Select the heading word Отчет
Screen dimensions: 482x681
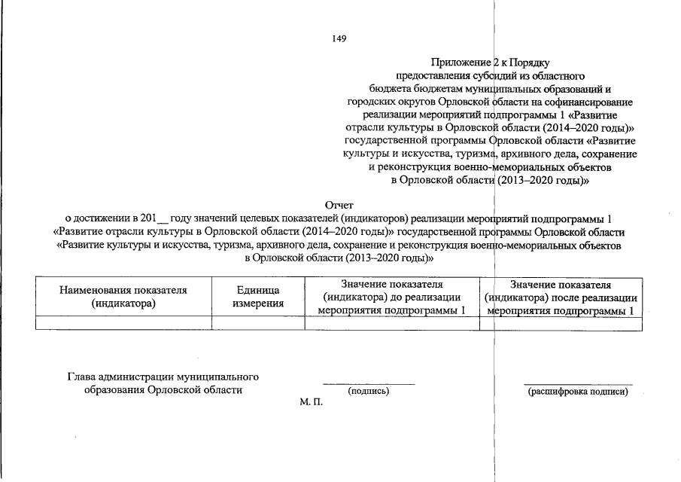pyautogui.click(x=339, y=205)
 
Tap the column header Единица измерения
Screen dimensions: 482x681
pyautogui.click(x=258, y=297)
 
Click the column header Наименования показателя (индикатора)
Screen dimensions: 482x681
pyautogui.click(x=123, y=297)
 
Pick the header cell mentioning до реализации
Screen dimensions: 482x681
pyautogui.click(x=391, y=297)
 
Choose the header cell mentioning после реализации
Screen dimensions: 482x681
pyautogui.click(x=561, y=297)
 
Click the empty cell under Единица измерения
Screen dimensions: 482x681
pyautogui.click(x=258, y=323)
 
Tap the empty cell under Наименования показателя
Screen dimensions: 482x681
pyautogui.click(x=123, y=323)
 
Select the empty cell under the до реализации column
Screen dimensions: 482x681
pyautogui.click(x=391, y=323)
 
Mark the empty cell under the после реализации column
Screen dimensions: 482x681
pyautogui.click(x=561, y=323)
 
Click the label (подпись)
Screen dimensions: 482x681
pyautogui.click(x=368, y=391)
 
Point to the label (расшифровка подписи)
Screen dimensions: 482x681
pyautogui.click(x=577, y=391)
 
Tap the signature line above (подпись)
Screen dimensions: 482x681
pyautogui.click(x=368, y=384)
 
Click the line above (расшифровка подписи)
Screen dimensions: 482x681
pyautogui.click(x=577, y=384)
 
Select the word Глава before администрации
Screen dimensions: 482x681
pyautogui.click(x=82, y=376)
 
